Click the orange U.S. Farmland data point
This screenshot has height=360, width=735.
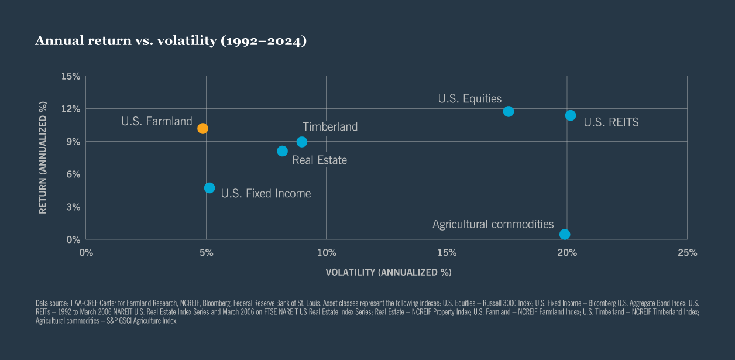click(x=202, y=128)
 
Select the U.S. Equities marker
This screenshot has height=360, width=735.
click(x=509, y=111)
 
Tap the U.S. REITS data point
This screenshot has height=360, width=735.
click(x=571, y=115)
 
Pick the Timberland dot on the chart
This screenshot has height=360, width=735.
click(x=302, y=142)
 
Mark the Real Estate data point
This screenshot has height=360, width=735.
click(x=282, y=151)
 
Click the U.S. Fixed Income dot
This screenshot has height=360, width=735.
click(x=209, y=188)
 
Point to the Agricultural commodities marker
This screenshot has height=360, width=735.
click(x=565, y=234)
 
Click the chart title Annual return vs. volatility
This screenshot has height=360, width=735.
click(x=171, y=41)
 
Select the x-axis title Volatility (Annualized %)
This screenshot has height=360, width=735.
click(x=389, y=273)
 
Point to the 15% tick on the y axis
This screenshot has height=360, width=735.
click(x=70, y=76)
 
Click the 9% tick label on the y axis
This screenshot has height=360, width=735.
click(x=73, y=142)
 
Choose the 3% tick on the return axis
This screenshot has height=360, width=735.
click(x=73, y=207)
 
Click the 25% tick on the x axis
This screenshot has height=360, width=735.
click(x=687, y=253)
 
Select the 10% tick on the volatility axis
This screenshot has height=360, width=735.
click(x=326, y=253)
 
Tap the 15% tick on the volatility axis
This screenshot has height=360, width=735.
click(x=447, y=253)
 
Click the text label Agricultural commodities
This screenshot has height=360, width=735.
click(x=493, y=224)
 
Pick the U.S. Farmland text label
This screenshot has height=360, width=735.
click(x=156, y=122)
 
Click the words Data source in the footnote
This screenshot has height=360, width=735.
click(x=50, y=304)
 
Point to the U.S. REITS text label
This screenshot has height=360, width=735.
click(x=611, y=122)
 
